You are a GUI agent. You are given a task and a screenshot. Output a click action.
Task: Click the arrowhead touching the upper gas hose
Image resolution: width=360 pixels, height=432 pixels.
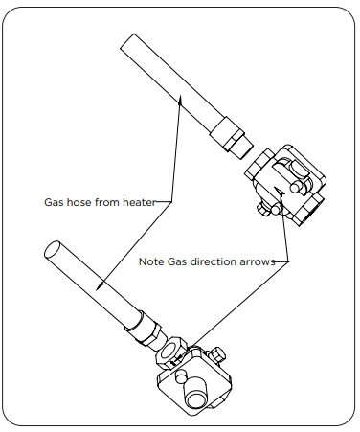pos(180,100)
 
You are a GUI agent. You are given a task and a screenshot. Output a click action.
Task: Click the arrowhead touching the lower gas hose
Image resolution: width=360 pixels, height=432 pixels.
pos(101,285)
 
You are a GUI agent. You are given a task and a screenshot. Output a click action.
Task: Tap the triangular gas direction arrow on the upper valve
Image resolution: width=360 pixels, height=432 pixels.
pos(281,192)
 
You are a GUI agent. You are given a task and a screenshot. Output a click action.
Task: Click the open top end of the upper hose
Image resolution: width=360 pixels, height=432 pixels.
pos(127,41)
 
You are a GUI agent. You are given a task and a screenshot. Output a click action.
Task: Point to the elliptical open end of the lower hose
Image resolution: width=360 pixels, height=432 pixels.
pos(53,249)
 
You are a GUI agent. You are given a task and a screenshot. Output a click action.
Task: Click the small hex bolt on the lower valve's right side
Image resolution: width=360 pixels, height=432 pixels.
pos(218,353)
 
